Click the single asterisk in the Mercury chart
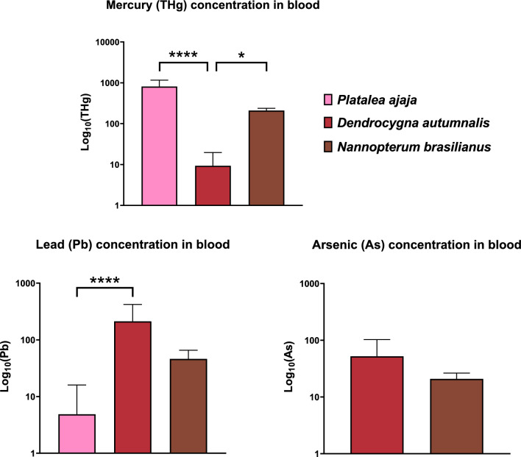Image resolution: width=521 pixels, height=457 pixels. [x=241, y=57]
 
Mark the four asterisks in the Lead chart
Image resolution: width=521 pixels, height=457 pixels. [x=104, y=281]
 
